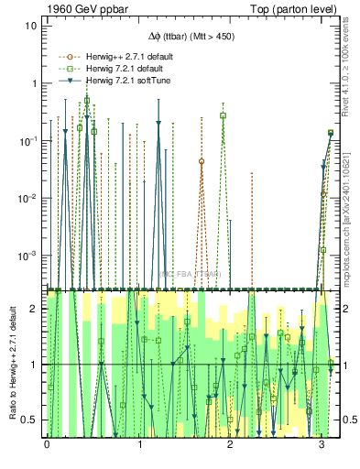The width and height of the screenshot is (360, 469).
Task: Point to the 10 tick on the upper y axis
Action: point(31,26)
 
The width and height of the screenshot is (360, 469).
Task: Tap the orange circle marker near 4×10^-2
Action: point(202,161)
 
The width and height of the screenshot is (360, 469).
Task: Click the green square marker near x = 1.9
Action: point(223,116)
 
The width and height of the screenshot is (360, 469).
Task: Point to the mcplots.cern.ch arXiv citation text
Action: point(349,215)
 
